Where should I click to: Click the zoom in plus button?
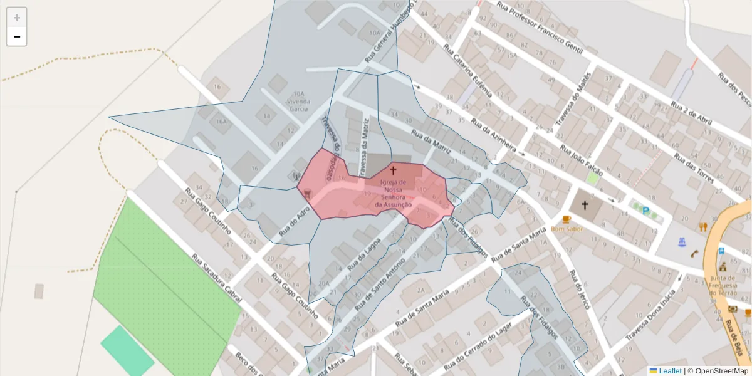(x=16, y=18)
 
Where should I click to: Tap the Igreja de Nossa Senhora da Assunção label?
(x=393, y=194)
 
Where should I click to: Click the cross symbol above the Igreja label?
(x=394, y=170)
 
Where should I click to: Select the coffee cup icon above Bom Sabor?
(x=567, y=219)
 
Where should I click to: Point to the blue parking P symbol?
(x=645, y=211)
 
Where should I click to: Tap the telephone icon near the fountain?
(x=694, y=254)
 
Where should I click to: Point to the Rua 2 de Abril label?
(x=692, y=113)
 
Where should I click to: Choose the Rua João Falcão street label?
(x=582, y=160)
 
